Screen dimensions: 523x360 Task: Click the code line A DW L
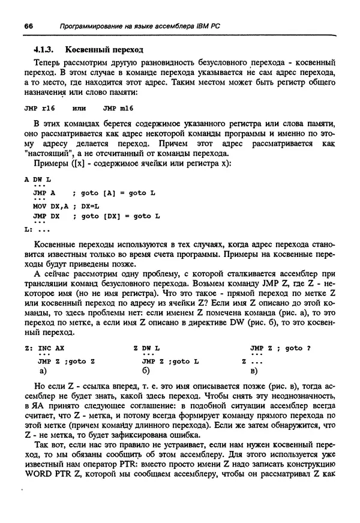38,180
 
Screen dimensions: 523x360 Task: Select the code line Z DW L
147,348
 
